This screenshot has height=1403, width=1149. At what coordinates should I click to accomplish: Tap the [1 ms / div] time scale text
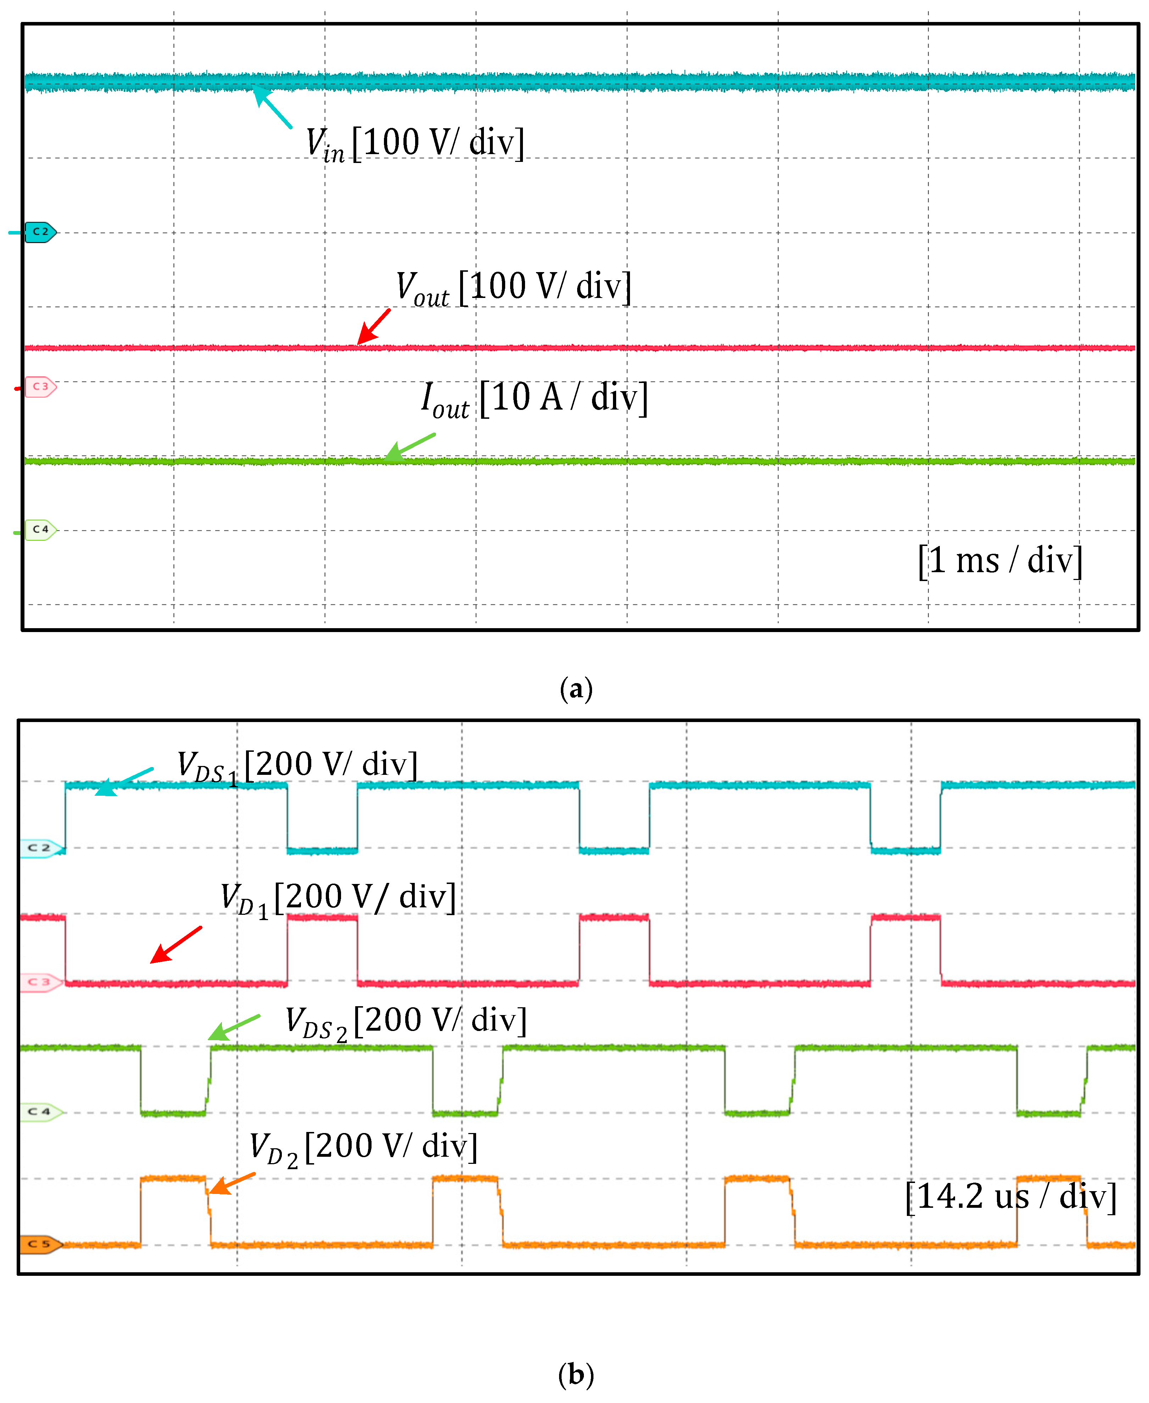pos(999,561)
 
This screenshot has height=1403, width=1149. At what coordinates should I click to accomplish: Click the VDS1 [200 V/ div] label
pos(297,766)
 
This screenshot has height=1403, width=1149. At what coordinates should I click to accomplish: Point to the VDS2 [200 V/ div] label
pos(406,1022)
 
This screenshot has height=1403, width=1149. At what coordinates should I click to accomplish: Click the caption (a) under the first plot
pos(576,689)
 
